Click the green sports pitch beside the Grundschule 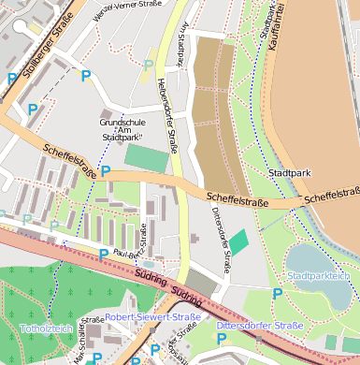147,157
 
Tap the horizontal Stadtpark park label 288,174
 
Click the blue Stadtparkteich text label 319,277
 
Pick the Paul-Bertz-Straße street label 130,245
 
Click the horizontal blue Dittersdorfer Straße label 259,325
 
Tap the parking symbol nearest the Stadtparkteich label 277,294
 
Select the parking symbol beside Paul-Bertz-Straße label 104,254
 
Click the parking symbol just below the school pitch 106,172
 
